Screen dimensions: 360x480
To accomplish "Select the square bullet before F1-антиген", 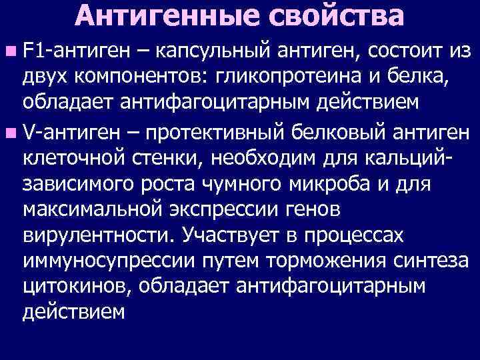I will pos(13,50).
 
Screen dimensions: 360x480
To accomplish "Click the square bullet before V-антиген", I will pos(13,133).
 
